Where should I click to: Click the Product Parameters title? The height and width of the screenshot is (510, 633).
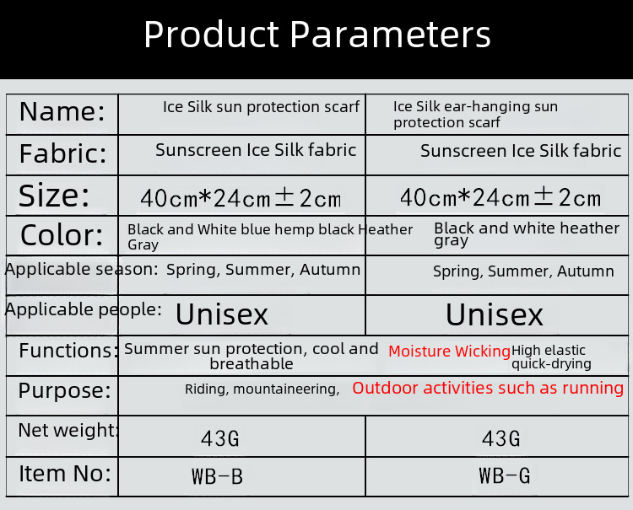[x=316, y=35]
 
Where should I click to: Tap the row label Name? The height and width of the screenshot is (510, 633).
[x=62, y=111]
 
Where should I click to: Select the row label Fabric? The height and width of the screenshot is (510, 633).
[x=63, y=153]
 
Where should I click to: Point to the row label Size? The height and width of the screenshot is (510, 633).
[x=54, y=196]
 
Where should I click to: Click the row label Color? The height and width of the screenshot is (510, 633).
[x=62, y=235]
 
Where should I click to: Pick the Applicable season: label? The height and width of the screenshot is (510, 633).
[x=82, y=269]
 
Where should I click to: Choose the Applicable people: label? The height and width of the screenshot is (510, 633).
[x=84, y=309]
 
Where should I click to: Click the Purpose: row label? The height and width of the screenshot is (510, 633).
[x=65, y=390]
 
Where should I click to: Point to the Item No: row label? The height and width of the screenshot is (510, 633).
[x=65, y=473]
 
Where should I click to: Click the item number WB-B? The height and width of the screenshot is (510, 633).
[x=218, y=476]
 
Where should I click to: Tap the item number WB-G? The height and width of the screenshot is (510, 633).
[x=505, y=475]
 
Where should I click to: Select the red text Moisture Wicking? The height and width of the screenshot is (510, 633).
[x=449, y=352]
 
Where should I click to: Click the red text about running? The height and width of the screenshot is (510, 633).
[x=488, y=388]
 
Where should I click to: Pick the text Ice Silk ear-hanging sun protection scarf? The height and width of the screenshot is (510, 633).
[x=475, y=114]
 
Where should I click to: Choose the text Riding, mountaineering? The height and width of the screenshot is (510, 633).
[x=262, y=389]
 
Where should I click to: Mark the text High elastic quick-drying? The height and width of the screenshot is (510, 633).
[x=551, y=357]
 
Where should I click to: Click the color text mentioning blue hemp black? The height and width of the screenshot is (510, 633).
[x=270, y=237]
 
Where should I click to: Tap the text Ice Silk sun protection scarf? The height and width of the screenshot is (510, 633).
[x=261, y=107]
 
